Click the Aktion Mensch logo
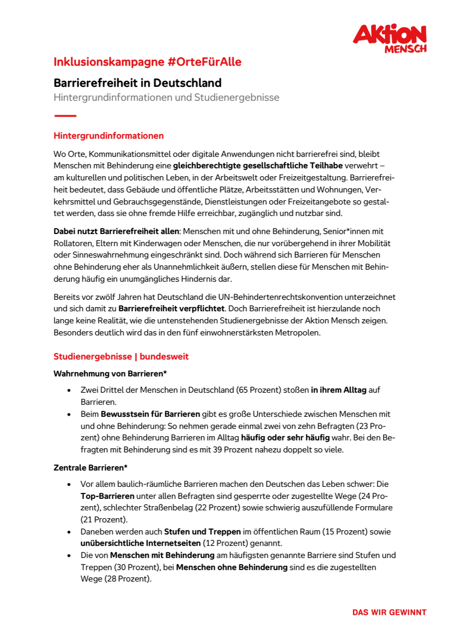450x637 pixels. point(389,39)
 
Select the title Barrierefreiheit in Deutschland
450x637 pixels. point(138,83)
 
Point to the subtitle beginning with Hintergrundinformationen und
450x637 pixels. point(166,97)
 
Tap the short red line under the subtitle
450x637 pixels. point(65,115)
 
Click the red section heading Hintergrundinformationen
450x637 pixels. point(109,136)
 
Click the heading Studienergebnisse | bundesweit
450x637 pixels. point(121,357)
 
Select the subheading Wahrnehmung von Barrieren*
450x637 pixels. point(110,374)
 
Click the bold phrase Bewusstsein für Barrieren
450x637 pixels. point(150,414)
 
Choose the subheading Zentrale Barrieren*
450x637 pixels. point(93,467)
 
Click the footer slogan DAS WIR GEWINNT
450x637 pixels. point(389,612)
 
